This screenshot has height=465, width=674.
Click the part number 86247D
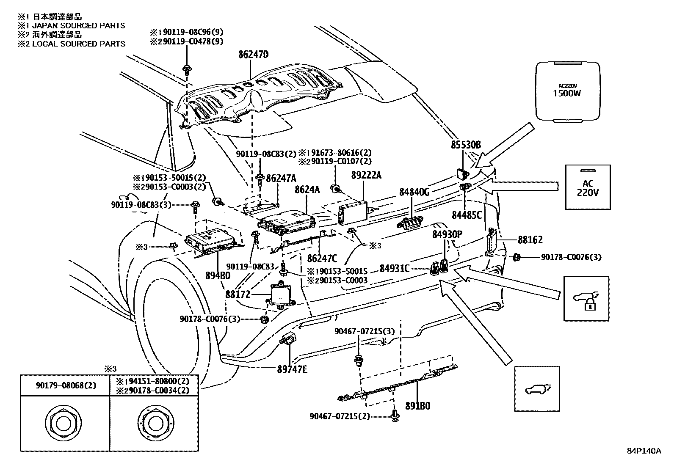click(253, 55)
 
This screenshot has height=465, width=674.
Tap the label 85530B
click(466, 145)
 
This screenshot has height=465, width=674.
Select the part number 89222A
click(366, 175)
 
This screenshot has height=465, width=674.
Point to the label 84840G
click(414, 192)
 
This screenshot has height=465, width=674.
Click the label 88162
click(530, 240)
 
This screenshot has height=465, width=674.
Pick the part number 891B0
click(417, 406)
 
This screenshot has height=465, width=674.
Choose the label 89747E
click(293, 369)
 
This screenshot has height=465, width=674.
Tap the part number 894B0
click(218, 275)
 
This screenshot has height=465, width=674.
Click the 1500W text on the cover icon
click(567, 93)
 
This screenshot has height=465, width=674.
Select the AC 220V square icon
click(588, 187)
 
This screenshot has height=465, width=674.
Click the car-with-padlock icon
click(586, 299)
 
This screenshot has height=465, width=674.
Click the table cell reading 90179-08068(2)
click(65, 385)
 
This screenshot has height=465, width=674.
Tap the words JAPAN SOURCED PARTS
click(78, 25)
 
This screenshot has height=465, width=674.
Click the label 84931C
click(395, 268)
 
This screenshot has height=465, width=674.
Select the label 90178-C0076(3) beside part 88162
click(571, 257)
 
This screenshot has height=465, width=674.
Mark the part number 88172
click(238, 294)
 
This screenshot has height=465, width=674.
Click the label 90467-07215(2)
click(340, 416)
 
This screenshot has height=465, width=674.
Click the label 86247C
click(322, 259)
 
